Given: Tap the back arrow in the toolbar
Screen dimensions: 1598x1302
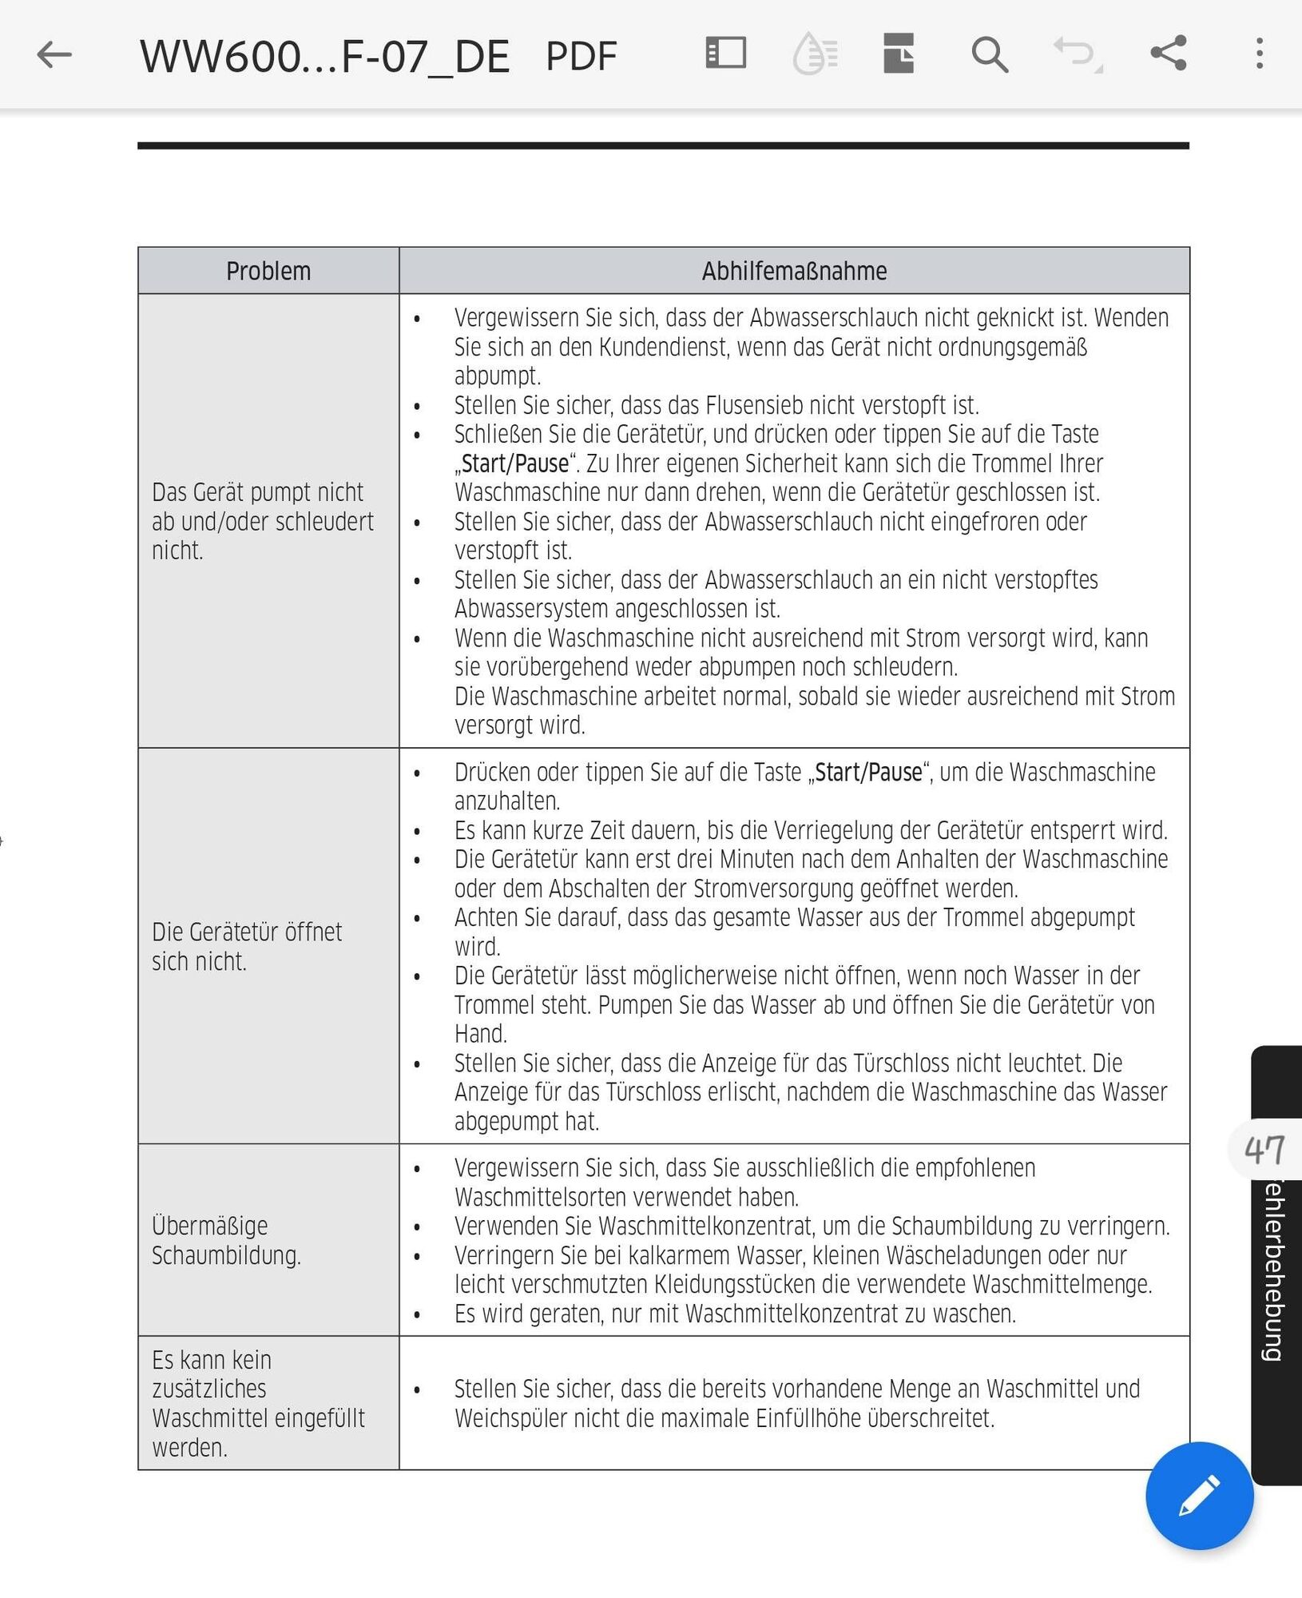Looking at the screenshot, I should (x=54, y=55).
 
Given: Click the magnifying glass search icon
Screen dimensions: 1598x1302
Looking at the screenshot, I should (x=989, y=55).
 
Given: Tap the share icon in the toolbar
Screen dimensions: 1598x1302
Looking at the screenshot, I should (x=1168, y=54).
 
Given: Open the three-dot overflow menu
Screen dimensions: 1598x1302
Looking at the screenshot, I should (x=1259, y=54).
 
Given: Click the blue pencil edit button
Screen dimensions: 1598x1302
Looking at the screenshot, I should (x=1199, y=1496).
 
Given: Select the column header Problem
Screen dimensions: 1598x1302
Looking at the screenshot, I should (x=268, y=272).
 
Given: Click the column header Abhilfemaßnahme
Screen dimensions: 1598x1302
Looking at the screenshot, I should (x=794, y=272).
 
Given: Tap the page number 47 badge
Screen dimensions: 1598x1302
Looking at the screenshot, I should (x=1264, y=1151).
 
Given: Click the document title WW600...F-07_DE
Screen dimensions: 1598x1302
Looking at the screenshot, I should (x=324, y=57).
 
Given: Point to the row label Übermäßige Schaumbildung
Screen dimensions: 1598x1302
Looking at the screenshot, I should (x=226, y=1241).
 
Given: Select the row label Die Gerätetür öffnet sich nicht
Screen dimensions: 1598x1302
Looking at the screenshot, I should (x=246, y=947).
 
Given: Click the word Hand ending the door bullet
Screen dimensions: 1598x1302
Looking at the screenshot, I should (x=481, y=1034).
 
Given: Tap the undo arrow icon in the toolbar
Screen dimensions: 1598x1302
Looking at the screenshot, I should (x=1075, y=54).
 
